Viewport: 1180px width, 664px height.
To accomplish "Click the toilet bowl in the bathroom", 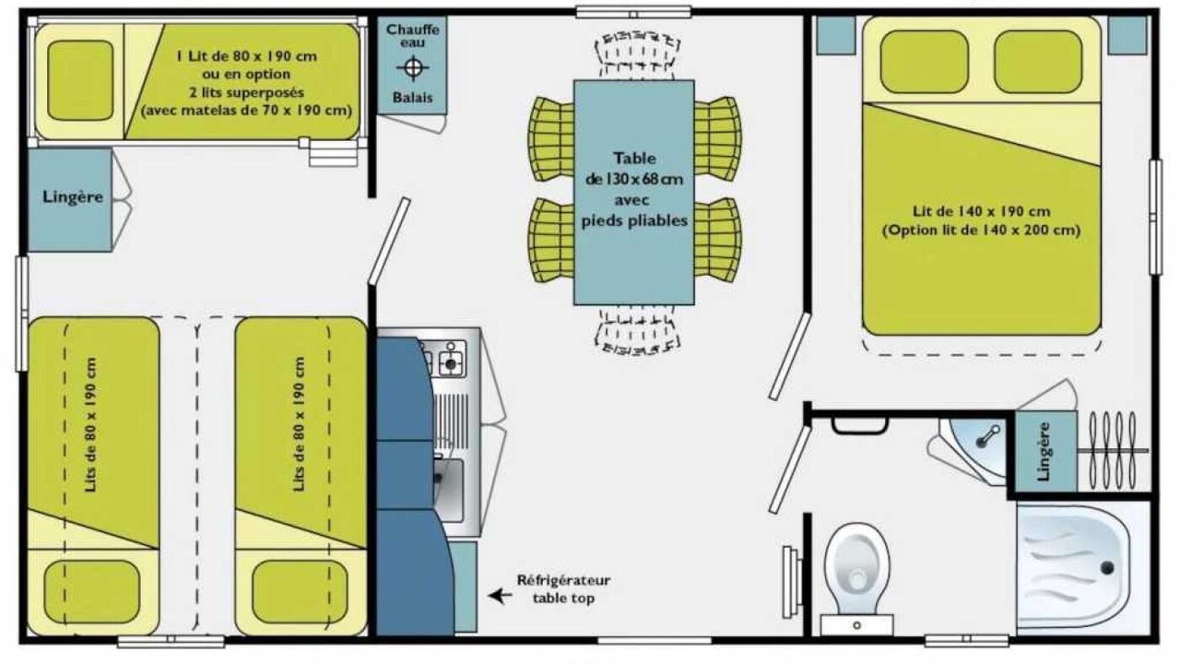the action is pos(857,569).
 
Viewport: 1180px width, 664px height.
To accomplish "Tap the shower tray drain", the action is pos(1107,567).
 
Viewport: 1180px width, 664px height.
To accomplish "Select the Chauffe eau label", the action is pos(412,36).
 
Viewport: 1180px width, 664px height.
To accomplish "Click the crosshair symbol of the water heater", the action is pos(412,67).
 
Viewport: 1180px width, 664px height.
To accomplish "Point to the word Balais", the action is pos(412,98).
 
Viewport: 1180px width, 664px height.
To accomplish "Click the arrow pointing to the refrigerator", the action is pos(500,596).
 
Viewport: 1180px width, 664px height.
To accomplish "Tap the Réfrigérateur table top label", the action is pos(563,588).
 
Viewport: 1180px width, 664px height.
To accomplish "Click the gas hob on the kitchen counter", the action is pos(445,359).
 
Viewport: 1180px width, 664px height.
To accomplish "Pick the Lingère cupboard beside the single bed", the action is pos(69,200).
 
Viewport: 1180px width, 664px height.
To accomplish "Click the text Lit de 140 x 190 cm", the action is pos(982,211).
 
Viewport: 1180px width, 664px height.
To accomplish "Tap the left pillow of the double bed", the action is pos(924,62).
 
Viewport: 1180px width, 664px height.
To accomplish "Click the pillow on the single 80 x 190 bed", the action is pos(80,80).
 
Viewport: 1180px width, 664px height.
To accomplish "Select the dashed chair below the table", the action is pos(637,331).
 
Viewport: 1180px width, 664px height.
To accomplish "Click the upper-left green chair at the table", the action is pos(551,138).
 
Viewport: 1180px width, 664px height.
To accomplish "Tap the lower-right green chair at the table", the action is pos(717,240).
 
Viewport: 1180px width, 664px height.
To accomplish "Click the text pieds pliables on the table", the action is pos(634,220).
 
